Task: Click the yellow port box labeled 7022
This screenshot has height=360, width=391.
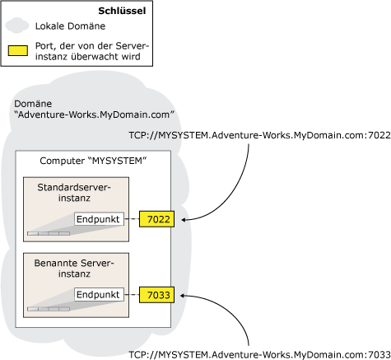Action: tap(156, 219)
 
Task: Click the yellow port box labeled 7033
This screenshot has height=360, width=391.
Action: tap(156, 294)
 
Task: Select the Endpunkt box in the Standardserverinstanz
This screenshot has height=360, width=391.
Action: tap(99, 219)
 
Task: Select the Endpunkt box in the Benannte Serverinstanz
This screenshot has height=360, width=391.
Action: tap(99, 294)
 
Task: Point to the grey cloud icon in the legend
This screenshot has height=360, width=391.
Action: tap(17, 27)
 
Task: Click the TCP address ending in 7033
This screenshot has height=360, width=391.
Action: tap(258, 353)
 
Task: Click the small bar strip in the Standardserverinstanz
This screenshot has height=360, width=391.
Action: tap(49, 234)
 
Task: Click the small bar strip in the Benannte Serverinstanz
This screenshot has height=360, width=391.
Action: tap(49, 309)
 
